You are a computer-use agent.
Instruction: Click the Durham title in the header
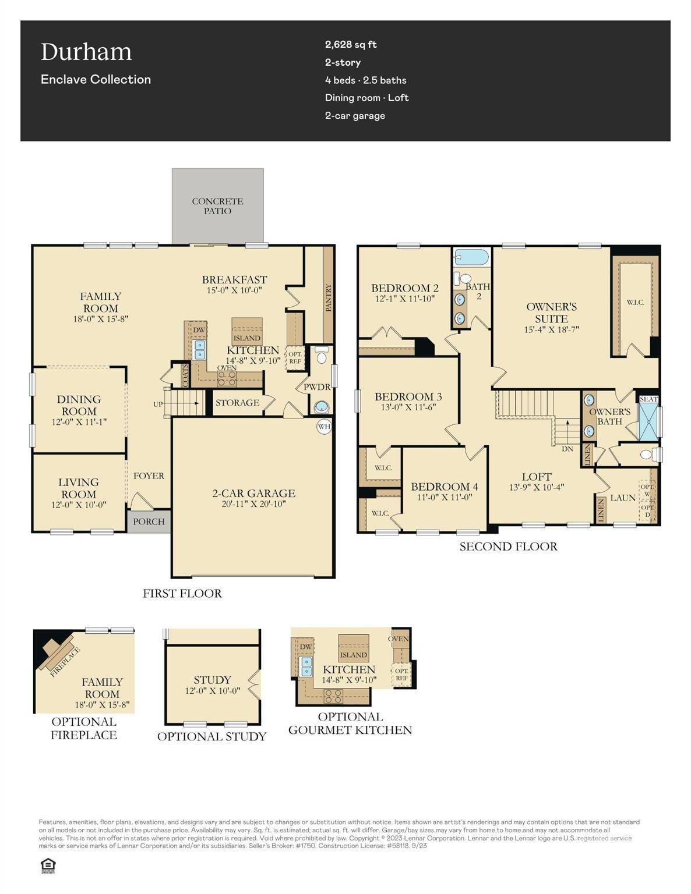86,52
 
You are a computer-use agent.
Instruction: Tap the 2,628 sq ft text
351,44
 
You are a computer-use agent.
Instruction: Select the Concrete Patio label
217,206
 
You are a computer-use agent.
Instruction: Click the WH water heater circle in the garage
324,427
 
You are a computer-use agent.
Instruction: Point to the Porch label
149,521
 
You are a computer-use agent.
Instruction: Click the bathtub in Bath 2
471,257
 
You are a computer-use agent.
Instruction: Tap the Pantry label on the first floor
328,297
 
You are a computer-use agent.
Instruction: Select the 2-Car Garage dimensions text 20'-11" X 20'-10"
253,504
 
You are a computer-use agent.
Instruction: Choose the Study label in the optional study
212,680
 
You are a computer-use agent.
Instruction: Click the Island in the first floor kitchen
247,338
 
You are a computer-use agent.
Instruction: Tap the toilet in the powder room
321,357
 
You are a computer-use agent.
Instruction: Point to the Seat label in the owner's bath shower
648,399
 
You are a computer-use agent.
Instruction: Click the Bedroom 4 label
444,487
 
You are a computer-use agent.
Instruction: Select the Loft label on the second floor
536,477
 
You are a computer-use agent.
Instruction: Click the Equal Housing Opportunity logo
48,866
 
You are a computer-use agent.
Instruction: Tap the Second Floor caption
508,547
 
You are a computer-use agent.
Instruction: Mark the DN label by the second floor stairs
567,449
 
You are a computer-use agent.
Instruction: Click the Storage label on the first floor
237,403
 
